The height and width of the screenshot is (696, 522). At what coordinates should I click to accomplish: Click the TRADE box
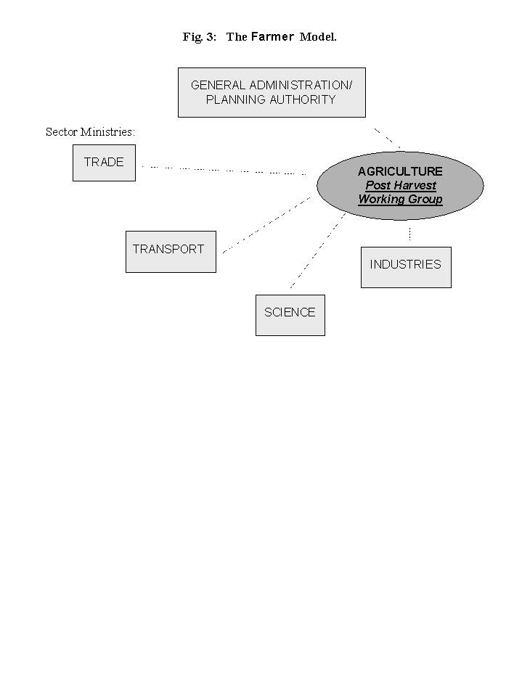click(x=104, y=163)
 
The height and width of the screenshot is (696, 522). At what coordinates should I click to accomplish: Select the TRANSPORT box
click(x=171, y=251)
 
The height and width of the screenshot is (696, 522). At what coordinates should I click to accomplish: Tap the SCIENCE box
click(x=290, y=314)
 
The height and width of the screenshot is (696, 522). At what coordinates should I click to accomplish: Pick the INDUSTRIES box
click(x=405, y=266)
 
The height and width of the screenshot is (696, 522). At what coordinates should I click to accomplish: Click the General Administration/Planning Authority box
click(x=272, y=92)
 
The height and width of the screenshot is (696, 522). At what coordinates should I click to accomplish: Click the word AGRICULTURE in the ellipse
click(x=400, y=172)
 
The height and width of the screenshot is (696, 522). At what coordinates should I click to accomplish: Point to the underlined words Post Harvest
click(x=400, y=186)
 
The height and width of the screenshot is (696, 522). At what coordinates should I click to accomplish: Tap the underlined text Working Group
click(x=400, y=200)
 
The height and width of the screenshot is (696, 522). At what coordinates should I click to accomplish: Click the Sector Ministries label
click(x=91, y=132)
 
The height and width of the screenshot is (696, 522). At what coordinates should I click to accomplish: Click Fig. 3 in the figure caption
click(x=200, y=37)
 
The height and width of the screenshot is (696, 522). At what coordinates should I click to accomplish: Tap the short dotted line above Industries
click(x=409, y=233)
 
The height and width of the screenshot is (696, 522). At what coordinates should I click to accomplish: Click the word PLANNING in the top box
click(x=236, y=100)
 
